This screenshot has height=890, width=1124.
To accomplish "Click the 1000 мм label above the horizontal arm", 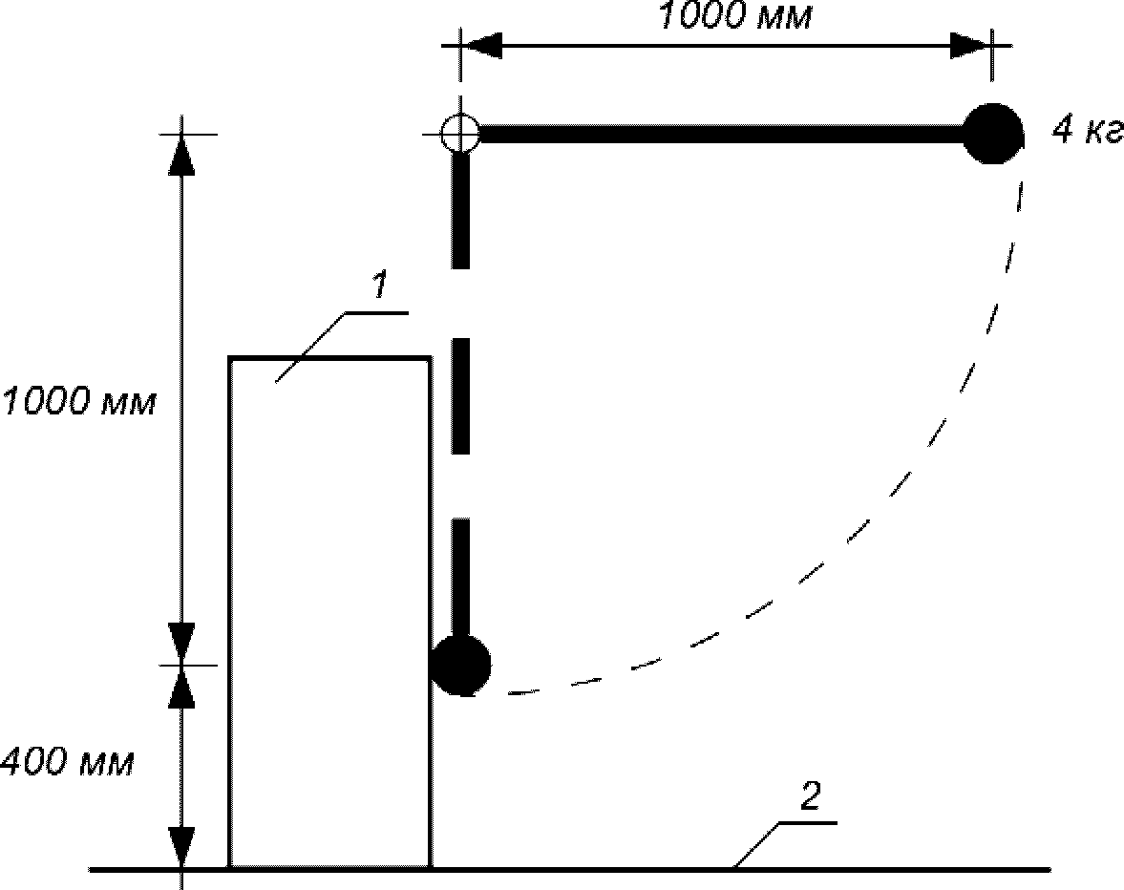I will coord(734,16).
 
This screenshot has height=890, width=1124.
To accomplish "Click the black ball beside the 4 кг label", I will coord(993,134).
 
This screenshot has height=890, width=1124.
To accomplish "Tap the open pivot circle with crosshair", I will coord(460,134).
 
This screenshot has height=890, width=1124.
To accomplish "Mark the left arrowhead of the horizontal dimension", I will coord(482,44).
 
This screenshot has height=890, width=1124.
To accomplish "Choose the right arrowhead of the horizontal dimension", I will coord(969,44).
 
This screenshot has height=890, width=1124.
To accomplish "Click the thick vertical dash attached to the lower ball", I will coord(460,578).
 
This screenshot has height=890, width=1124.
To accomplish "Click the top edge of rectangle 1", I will coord(329,358).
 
